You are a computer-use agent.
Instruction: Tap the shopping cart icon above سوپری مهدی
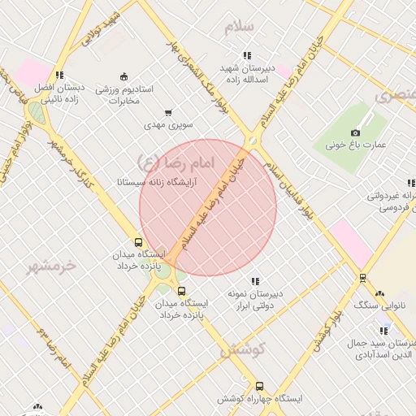pyautogui.click(x=168, y=113)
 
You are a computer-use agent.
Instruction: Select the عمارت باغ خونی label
pyautogui.click(x=356, y=145)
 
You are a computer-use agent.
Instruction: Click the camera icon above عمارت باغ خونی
pyautogui.click(x=355, y=132)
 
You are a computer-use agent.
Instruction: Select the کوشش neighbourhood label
pyautogui.click(x=241, y=350)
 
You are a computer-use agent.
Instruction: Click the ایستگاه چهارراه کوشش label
pyautogui.click(x=259, y=399)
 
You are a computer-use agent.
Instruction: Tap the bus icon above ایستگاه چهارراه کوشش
pyautogui.click(x=259, y=386)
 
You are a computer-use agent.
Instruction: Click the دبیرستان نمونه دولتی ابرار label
pyautogui.click(x=255, y=299)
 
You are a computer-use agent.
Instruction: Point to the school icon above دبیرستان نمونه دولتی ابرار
pyautogui.click(x=255, y=281)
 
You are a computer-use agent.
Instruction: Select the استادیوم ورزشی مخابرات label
pyautogui.click(x=124, y=94)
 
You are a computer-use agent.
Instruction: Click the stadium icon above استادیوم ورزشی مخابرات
pyautogui.click(x=123, y=76)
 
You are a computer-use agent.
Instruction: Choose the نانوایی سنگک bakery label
pyautogui.click(x=379, y=305)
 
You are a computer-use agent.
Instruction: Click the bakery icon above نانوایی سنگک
pyautogui.click(x=379, y=293)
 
